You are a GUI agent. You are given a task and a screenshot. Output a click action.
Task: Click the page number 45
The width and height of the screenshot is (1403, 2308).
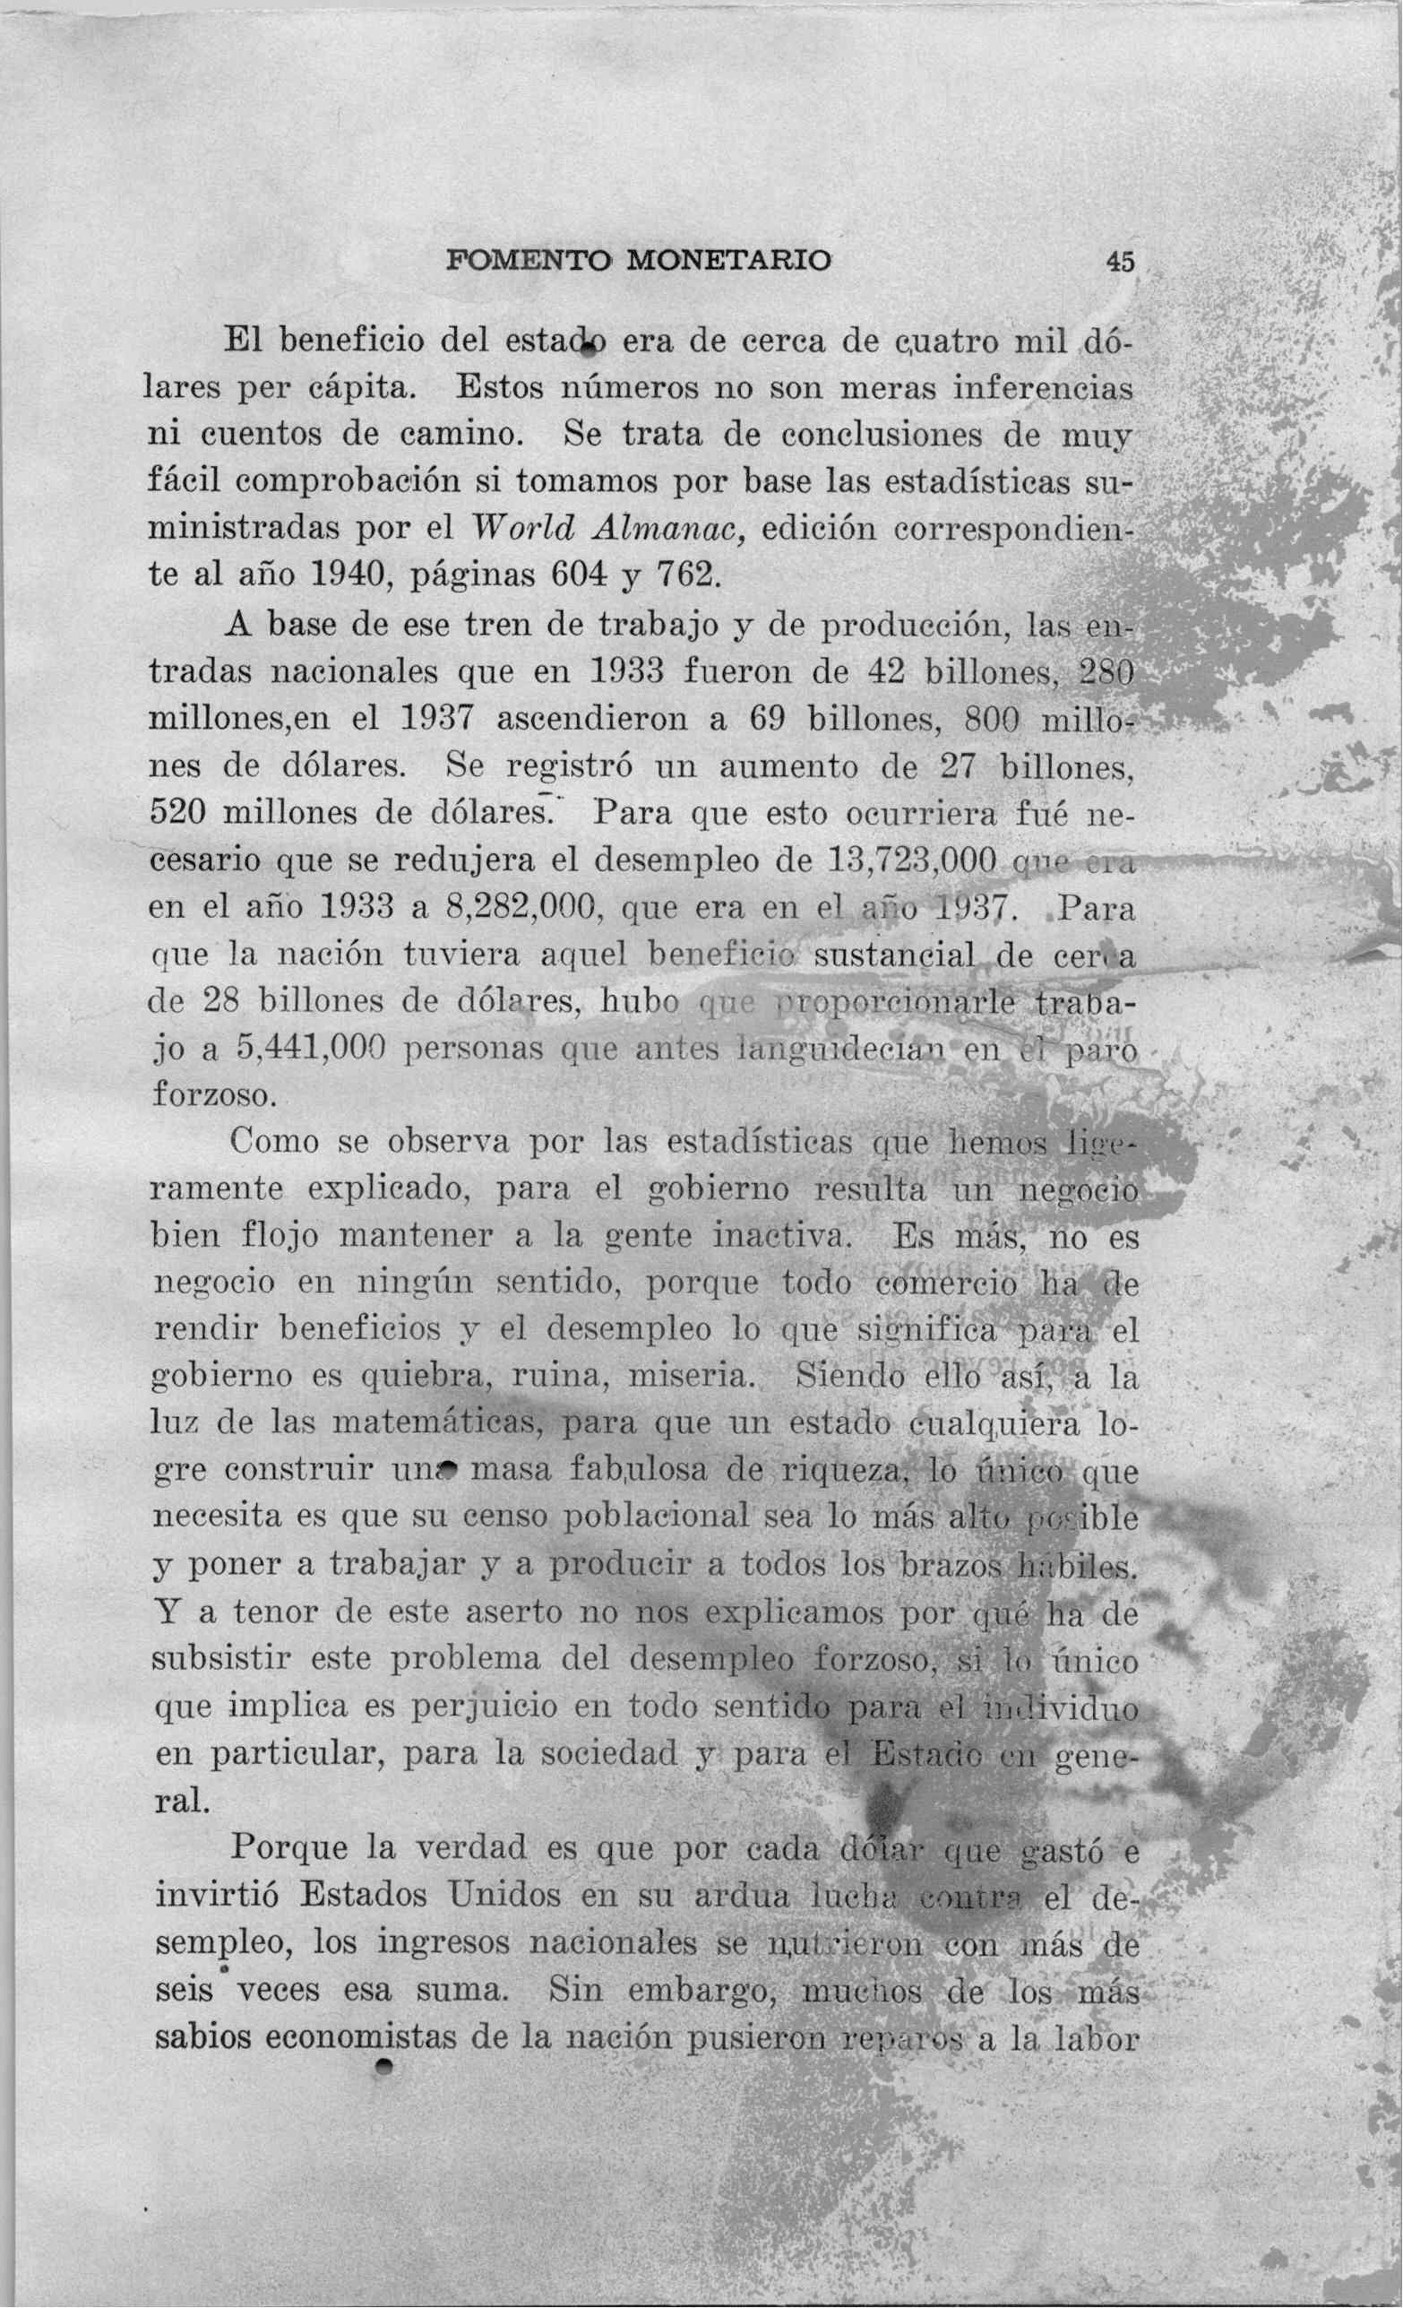[x=1119, y=262]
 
